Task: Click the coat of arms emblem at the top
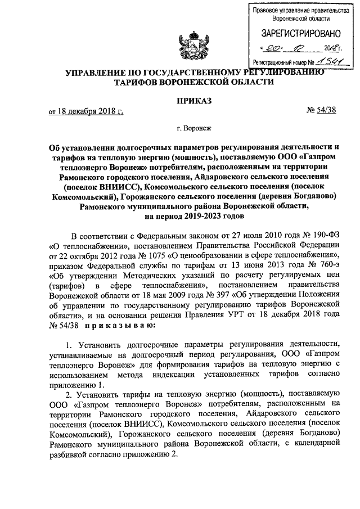click(192, 46)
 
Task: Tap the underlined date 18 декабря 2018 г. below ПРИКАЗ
click(86, 111)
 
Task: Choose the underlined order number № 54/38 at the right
click(321, 110)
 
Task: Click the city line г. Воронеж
click(194, 128)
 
